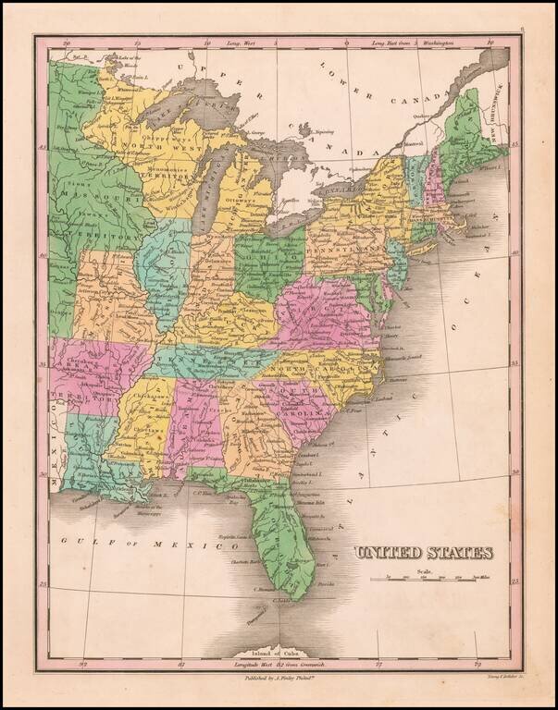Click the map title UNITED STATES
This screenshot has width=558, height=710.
[424, 554]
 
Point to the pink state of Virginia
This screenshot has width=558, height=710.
[324, 314]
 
